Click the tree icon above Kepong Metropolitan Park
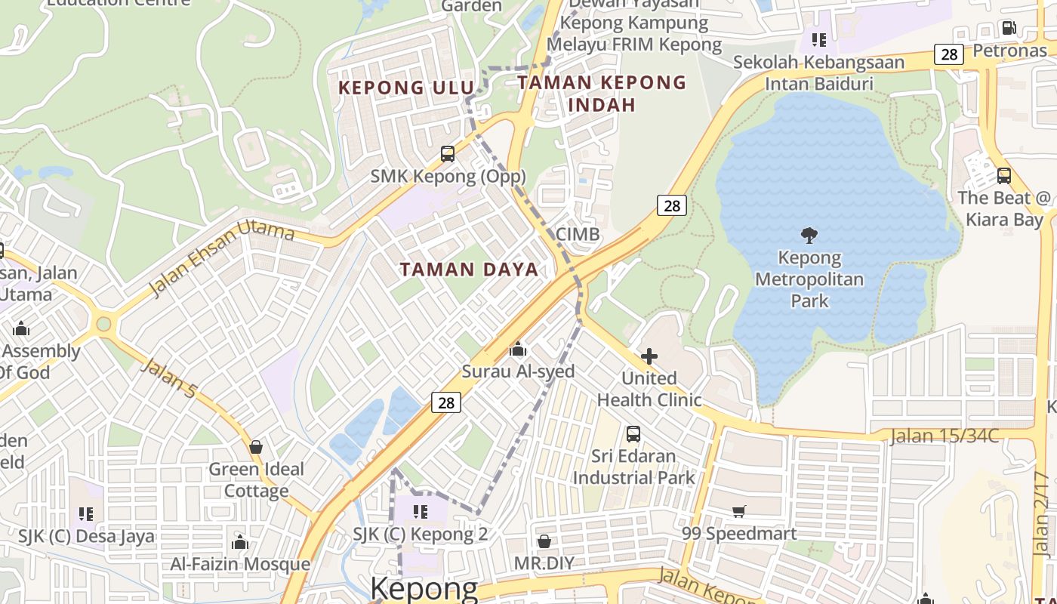pos(809,236)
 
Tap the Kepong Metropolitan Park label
pos(809,279)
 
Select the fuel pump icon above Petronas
pos(1009,29)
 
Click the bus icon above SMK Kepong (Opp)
pos(448,154)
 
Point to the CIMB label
pos(578,234)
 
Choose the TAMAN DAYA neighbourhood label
pos(469,270)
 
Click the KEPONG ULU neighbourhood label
pos(405,88)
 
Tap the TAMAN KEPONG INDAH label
pos(602,94)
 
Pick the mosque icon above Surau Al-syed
pos(518,349)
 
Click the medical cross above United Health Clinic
pos(649,356)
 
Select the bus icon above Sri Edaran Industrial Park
pos(633,434)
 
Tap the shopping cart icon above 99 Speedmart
pos(739,512)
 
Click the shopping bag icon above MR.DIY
pos(544,541)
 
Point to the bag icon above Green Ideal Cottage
pos(256,447)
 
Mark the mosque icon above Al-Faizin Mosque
pos(240,542)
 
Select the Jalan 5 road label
pos(169,379)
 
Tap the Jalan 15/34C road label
pos(944,436)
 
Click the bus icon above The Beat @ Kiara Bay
pos(1003,176)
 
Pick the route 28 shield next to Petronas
pos(949,54)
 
